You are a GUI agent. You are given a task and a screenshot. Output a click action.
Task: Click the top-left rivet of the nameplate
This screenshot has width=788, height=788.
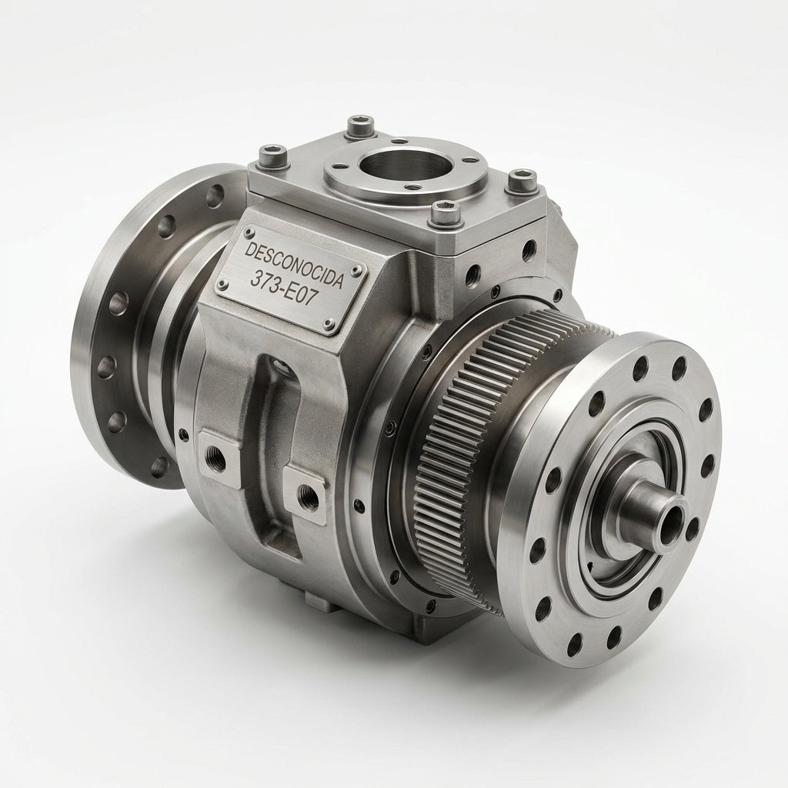(x=248, y=232)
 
